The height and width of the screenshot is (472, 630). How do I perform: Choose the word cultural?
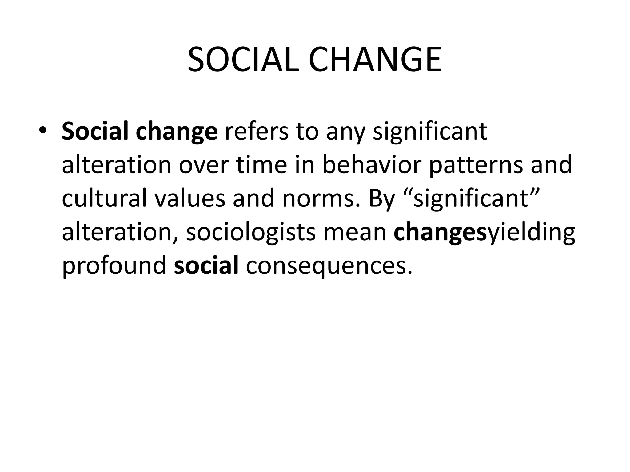point(104,198)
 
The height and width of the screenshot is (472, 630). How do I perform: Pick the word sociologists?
point(251,232)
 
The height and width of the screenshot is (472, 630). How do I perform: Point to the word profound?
point(114,266)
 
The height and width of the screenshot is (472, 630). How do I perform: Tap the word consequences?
point(329,266)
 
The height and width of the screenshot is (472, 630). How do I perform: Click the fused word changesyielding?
point(484,232)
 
